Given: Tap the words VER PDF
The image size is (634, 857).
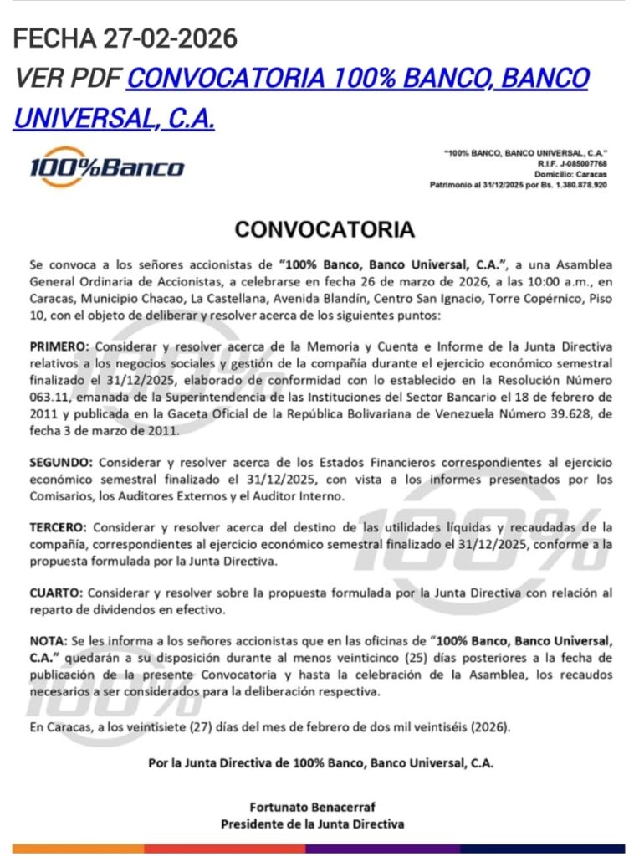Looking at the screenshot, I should (69, 79).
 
